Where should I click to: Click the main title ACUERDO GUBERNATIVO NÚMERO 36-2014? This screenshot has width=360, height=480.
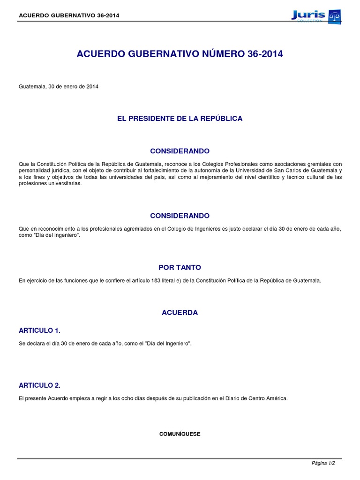click(x=180, y=54)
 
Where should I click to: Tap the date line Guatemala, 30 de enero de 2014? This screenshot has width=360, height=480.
click(x=59, y=87)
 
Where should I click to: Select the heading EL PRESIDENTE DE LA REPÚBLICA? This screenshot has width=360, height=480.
click(x=180, y=119)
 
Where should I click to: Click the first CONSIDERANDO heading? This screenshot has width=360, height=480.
click(x=180, y=151)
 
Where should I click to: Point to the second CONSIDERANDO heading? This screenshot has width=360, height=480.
click(x=180, y=216)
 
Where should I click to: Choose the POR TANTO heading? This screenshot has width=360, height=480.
click(x=180, y=267)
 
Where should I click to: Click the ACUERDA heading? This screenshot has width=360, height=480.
click(x=180, y=313)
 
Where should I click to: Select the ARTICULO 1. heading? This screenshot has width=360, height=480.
click(x=39, y=330)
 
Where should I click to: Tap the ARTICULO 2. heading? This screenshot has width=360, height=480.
click(x=39, y=385)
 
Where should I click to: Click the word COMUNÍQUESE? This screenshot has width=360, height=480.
click(x=180, y=434)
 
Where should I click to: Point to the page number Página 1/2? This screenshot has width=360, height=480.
click(x=323, y=463)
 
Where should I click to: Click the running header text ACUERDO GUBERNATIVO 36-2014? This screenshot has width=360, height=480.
click(x=69, y=15)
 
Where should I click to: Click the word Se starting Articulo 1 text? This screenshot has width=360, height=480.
click(x=22, y=344)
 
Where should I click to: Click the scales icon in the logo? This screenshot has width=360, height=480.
click(x=334, y=15)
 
